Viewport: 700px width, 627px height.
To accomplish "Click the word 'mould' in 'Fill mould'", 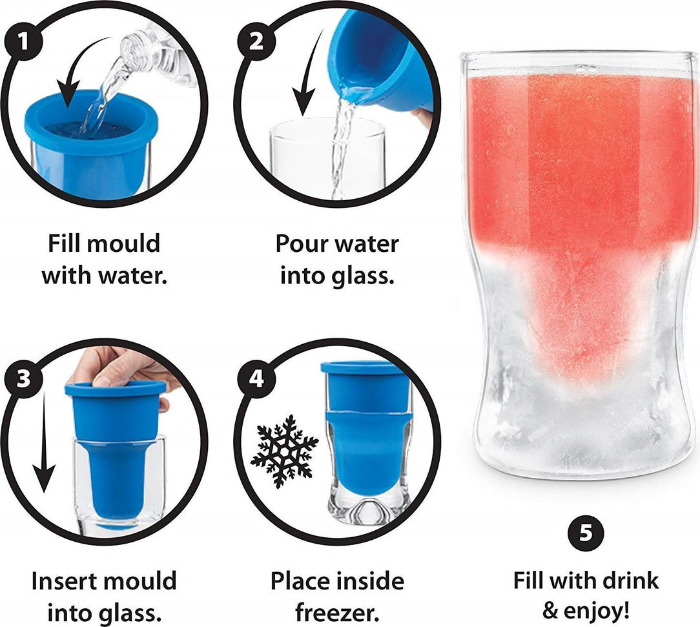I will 123,245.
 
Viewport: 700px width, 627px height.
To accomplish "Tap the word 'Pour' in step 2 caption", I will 301,245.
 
